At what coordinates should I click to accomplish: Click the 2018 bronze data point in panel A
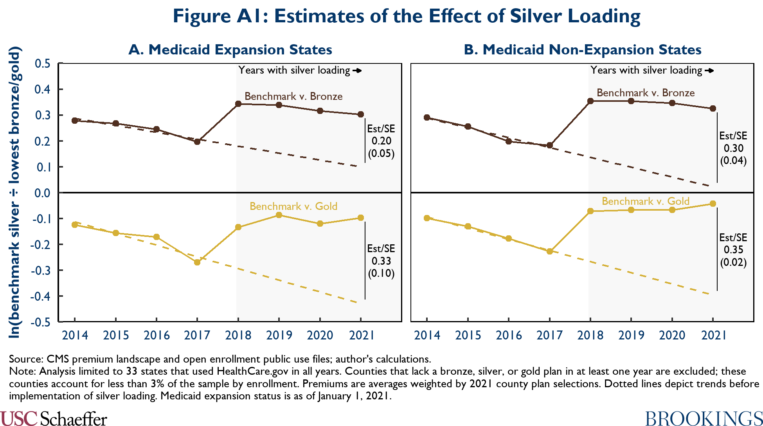pyautogui.click(x=238, y=104)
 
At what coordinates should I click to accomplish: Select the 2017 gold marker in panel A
pyautogui.click(x=197, y=262)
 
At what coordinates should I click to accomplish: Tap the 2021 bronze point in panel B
pyautogui.click(x=713, y=108)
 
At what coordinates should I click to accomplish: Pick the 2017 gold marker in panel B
pyautogui.click(x=550, y=251)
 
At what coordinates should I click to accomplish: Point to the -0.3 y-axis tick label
pyautogui.click(x=41, y=271)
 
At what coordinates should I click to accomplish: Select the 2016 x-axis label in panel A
pyautogui.click(x=157, y=336)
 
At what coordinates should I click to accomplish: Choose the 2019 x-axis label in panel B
pyautogui.click(x=631, y=336)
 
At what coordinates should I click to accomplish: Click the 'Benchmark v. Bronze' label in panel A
pyautogui.click(x=293, y=96)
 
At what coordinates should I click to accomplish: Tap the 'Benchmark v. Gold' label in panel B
pyautogui.click(x=645, y=201)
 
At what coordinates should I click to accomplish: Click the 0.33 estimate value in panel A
pyautogui.click(x=381, y=261)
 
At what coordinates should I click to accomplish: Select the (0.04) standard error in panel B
pyautogui.click(x=733, y=161)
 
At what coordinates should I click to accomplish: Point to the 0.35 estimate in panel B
pyautogui.click(x=733, y=250)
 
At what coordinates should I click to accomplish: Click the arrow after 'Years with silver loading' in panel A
pyautogui.click(x=357, y=71)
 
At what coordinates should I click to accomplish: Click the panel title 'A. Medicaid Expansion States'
pyautogui.click(x=230, y=50)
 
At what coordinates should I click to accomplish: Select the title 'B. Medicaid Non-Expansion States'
pyautogui.click(x=582, y=50)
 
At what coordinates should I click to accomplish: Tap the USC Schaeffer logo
pyautogui.click(x=54, y=419)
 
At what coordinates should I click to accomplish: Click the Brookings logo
pyautogui.click(x=704, y=419)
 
